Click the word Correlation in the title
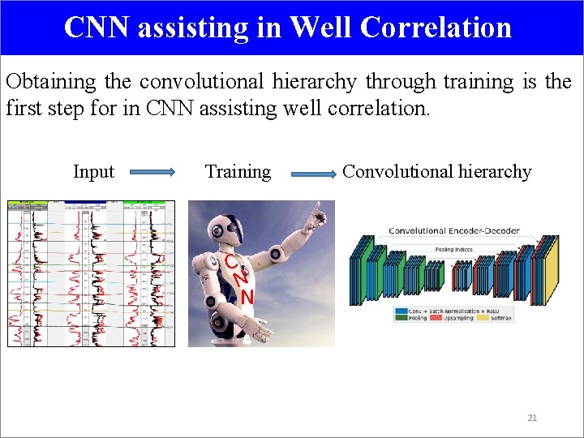[x=436, y=27]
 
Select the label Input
[x=93, y=172]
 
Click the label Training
[x=238, y=172]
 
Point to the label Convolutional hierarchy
[x=436, y=172]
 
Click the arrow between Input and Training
[x=152, y=172]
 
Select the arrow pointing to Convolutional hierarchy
[x=313, y=173]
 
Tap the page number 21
[x=532, y=418]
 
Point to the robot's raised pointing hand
[x=317, y=215]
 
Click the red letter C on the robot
[x=231, y=262]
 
